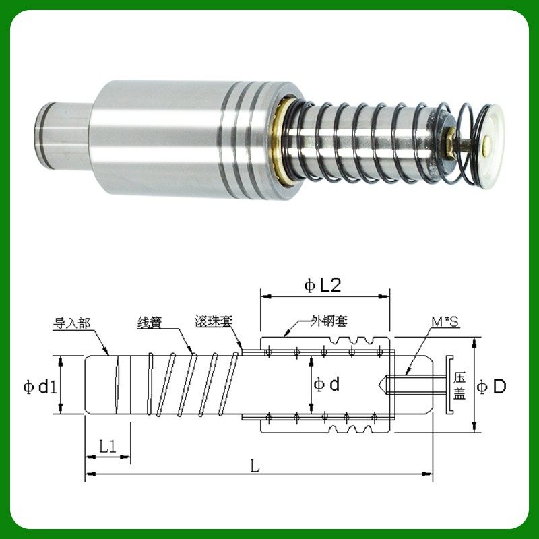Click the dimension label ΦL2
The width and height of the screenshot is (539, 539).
323,286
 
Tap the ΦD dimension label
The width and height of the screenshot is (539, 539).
492,387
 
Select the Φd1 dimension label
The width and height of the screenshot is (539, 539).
39,387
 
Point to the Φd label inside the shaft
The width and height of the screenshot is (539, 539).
327,384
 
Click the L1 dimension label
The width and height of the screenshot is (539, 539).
108,447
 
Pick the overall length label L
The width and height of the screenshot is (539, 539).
255,466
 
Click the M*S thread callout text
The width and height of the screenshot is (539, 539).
445,322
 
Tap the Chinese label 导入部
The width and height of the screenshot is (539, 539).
71,323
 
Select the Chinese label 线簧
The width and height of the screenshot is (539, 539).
150,323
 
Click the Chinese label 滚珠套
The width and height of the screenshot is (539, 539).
214,321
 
